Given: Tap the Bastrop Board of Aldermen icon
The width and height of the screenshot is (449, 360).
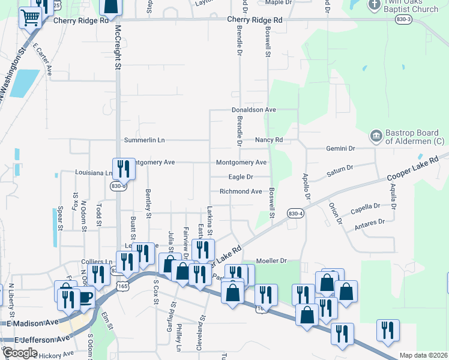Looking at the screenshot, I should tap(376, 136).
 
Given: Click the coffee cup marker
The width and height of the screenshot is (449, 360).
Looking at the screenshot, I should tap(84, 298).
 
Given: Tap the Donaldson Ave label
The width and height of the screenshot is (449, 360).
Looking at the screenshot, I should tap(254, 110).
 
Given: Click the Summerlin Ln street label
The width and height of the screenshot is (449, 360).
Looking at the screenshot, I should tap(144, 140).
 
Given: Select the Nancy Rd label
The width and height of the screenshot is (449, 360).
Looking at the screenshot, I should tap(268, 140).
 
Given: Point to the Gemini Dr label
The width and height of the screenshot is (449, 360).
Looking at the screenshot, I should tap(340, 148).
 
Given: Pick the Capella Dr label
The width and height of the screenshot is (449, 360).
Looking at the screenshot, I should tap(366, 208).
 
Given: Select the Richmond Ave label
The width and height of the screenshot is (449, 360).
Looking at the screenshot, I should tap(241, 191).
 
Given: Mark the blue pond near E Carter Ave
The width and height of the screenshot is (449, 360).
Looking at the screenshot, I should tap(24, 83).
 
